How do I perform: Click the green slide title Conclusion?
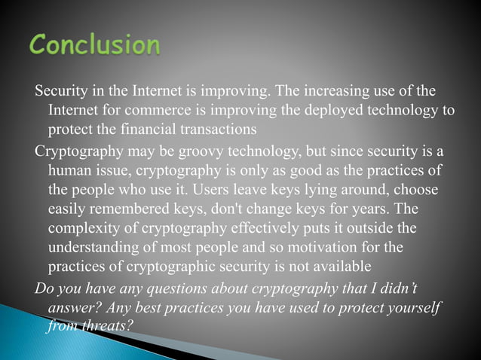click(94, 46)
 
